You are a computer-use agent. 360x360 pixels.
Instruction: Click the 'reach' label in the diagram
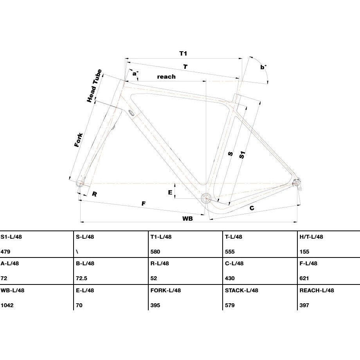pyautogui.click(x=166, y=76)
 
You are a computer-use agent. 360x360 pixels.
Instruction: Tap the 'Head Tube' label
pyautogui.click(x=94, y=86)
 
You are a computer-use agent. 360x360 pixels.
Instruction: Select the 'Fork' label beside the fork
pyautogui.click(x=79, y=140)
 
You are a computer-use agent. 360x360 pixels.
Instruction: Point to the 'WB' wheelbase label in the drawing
pyautogui.click(x=187, y=218)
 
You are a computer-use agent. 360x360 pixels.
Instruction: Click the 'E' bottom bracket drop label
pyautogui.click(x=170, y=192)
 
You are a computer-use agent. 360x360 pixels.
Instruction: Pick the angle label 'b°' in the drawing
pyautogui.click(x=263, y=67)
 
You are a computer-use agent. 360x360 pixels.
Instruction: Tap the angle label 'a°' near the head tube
pyautogui.click(x=135, y=73)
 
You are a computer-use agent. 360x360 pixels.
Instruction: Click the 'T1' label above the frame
pyautogui.click(x=183, y=54)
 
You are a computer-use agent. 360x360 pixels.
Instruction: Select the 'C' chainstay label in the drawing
pyautogui.click(x=252, y=208)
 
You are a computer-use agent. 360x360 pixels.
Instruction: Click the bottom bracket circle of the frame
pyautogui.click(x=206, y=198)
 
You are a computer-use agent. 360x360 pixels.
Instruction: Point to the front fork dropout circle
pyautogui.click(x=80, y=184)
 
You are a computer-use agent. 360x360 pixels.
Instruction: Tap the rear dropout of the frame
pyautogui.click(x=296, y=183)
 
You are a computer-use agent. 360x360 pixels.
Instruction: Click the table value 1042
pyautogui.click(x=7, y=305)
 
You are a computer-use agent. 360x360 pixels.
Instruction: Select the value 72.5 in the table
pyautogui.click(x=81, y=278)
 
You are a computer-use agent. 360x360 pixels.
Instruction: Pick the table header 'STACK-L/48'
pyautogui.click(x=241, y=290)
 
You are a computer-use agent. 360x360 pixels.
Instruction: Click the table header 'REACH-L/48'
pyautogui.click(x=317, y=290)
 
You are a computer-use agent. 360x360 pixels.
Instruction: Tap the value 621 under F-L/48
pyautogui.click(x=304, y=278)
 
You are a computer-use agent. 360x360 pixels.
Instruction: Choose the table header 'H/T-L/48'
pyautogui.click(x=311, y=237)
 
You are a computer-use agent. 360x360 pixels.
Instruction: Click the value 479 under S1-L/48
pyautogui.click(x=5, y=252)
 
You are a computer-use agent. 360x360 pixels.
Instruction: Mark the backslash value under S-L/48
pyautogui.click(x=77, y=252)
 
